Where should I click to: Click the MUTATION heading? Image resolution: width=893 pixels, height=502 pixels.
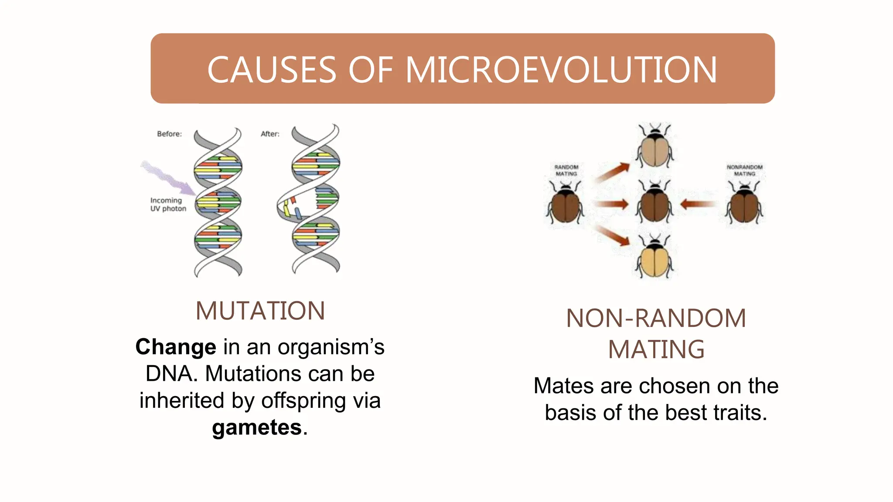(260, 311)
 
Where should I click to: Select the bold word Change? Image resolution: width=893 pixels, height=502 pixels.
(176, 347)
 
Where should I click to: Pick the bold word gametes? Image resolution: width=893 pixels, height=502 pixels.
(257, 427)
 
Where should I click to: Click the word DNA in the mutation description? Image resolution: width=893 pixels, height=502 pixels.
(169, 374)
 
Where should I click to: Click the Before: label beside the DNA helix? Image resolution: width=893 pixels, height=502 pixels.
(169, 134)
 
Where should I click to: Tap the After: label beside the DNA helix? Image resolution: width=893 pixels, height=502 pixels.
(270, 134)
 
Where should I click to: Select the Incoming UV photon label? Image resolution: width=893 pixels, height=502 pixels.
(168, 204)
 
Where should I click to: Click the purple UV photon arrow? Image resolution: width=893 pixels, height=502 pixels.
(168, 177)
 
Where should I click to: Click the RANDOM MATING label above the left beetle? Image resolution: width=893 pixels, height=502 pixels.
(566, 170)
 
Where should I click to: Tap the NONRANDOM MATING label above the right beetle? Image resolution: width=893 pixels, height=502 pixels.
(744, 170)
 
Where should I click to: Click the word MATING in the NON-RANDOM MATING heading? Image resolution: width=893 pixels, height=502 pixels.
(656, 349)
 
